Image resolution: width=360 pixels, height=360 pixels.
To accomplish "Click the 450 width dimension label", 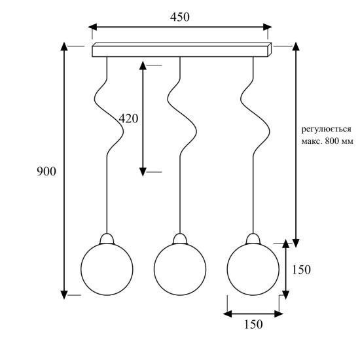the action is tap(180, 17).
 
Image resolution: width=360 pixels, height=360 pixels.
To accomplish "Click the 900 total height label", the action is tap(46, 171).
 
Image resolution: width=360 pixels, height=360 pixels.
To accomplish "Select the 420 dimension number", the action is tap(128, 118).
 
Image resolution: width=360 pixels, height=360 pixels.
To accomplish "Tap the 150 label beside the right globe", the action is tap(301, 270).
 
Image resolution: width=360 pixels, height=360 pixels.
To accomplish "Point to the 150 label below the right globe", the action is tap(253, 324).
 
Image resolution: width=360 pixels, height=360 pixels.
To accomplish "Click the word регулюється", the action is tap(326, 129).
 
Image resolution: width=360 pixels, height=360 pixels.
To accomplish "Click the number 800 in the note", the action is tap(333, 141).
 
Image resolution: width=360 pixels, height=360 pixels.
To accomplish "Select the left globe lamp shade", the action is tap(107, 269).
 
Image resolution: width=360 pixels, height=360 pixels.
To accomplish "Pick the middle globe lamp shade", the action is tap(180, 269).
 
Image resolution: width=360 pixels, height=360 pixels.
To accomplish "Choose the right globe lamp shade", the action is tap(253, 269).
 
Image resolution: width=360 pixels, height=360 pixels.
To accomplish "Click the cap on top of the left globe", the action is tap(107, 239).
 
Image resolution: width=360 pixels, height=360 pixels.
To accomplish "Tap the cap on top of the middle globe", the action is tap(180, 239).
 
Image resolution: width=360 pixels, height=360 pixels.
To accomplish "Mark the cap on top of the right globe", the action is tap(253, 239).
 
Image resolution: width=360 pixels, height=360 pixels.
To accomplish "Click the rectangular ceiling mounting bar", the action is tap(182, 50).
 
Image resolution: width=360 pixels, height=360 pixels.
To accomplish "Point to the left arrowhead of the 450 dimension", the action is tap(93, 27).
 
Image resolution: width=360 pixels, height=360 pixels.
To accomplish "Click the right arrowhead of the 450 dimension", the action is tap(268, 27).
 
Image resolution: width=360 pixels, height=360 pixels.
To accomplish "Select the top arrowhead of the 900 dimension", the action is tap(64, 46).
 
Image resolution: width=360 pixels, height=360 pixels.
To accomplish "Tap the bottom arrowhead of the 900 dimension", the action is tap(64, 295).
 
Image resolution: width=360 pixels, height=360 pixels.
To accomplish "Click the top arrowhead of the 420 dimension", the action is tap(143, 65).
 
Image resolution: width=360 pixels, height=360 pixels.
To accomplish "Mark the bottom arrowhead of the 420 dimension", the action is tap(143, 171).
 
